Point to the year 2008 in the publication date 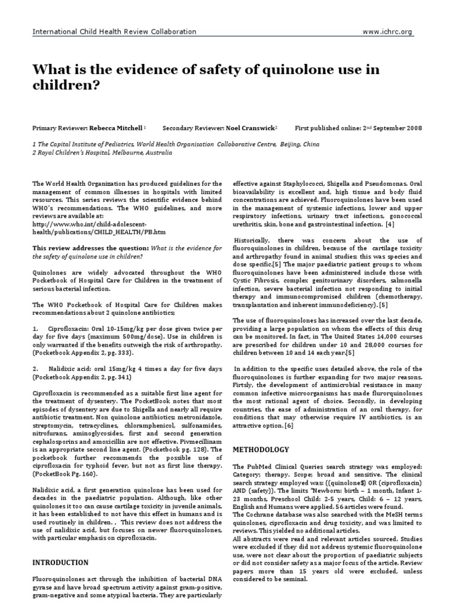coord(412,128)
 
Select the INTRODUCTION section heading coord(62,562)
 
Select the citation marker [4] coord(389,225)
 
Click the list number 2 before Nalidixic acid coord(36,369)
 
